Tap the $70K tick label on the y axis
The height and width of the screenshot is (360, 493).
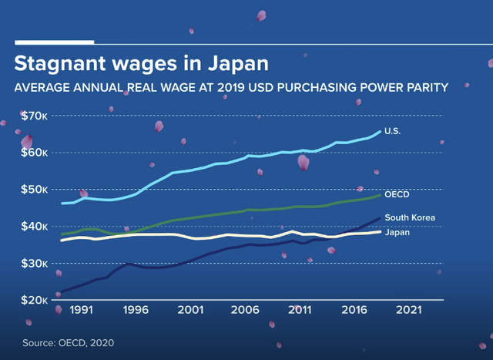[x=34, y=116]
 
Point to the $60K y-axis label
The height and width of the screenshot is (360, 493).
[x=34, y=153]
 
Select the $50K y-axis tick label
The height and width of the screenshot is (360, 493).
[x=34, y=190]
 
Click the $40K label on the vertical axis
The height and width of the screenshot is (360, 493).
[x=34, y=227]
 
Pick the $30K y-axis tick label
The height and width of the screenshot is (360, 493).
[x=34, y=264]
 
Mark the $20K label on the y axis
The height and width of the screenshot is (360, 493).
[x=34, y=300]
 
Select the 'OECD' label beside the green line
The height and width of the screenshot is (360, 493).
[x=397, y=194]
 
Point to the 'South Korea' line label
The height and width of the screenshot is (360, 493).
[x=410, y=218]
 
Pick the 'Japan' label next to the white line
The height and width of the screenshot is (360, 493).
[x=397, y=232]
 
